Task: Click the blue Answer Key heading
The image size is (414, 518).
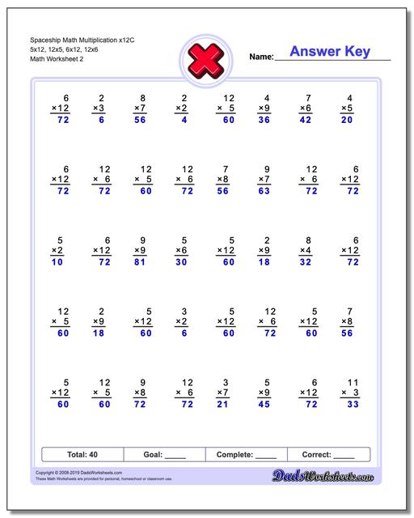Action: (330, 52)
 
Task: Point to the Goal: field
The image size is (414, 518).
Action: (165, 455)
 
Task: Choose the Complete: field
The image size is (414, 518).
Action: (247, 455)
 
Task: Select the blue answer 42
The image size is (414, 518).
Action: (306, 120)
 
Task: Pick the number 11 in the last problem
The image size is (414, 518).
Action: (351, 380)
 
